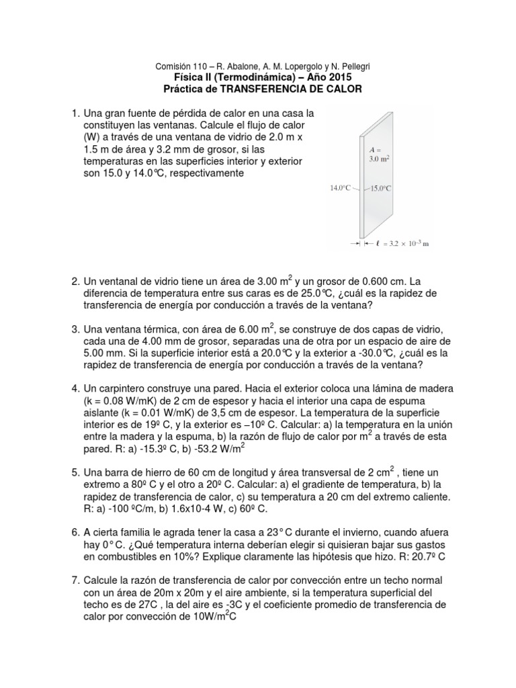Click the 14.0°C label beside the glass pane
(341, 189)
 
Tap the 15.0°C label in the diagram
(380, 189)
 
